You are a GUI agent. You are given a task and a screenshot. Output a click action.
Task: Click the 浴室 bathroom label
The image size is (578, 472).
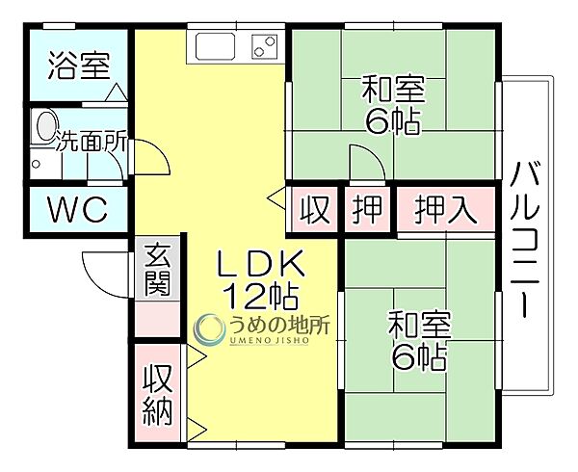pyautogui.click(x=79, y=66)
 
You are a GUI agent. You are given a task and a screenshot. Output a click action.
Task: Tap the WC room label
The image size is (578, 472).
pyautogui.click(x=78, y=210)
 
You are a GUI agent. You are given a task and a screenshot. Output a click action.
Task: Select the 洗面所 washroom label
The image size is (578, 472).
pyautogui.click(x=92, y=142)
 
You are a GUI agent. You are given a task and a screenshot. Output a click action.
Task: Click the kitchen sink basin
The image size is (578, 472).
pyautogui.click(x=215, y=46)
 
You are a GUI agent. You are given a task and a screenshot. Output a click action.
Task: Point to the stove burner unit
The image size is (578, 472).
pyautogui.click(x=265, y=46)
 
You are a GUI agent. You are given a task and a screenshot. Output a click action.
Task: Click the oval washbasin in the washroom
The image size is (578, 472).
pyautogui.click(x=46, y=126)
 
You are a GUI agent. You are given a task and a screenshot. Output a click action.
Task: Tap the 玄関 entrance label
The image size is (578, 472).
pyautogui.click(x=158, y=270)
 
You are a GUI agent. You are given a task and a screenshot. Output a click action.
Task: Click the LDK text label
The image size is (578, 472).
pyautogui.click(x=261, y=263)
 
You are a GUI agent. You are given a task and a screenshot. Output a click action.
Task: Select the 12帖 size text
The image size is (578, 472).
pyautogui.click(x=261, y=296)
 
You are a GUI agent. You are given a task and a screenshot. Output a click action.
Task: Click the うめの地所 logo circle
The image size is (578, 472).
pyautogui.click(x=209, y=328)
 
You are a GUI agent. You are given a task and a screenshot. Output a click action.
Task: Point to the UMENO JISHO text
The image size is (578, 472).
pyautogui.click(x=269, y=341)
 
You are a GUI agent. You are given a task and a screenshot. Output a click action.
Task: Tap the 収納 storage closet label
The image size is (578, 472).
pyautogui.click(x=158, y=395)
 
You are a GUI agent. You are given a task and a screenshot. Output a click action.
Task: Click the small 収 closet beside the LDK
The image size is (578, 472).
pyautogui.click(x=314, y=210)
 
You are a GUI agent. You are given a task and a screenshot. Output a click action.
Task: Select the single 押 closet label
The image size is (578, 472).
pyautogui.click(x=366, y=210)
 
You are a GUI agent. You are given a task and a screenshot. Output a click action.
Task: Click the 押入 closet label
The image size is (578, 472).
pyautogui.click(x=446, y=210)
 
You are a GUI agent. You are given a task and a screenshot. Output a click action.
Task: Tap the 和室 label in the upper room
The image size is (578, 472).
pyautogui.click(x=393, y=90)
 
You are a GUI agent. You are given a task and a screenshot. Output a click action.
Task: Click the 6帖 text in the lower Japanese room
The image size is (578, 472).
pyautogui.click(x=419, y=356)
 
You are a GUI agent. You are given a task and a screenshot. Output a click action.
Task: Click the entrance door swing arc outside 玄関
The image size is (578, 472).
pyautogui.click(x=96, y=280)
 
